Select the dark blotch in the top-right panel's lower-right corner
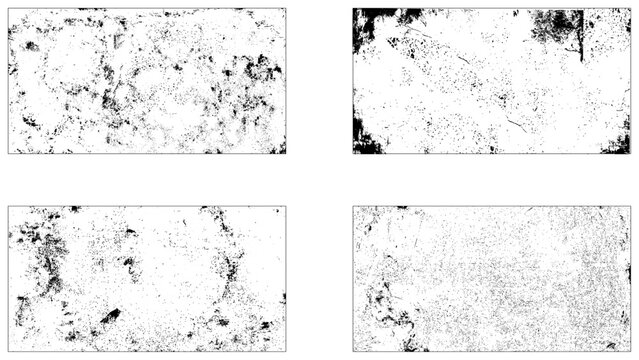point(616,143)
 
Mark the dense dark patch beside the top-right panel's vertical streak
point(556,25)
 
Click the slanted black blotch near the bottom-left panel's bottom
point(110,317)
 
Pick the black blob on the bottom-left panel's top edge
point(74,209)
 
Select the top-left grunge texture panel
point(147,80)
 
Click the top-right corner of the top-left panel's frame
point(286,8)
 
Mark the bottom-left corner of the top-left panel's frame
point(9,153)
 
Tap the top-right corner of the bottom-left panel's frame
point(285,207)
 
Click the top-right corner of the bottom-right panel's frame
point(631,207)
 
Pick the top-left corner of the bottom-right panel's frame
point(354,207)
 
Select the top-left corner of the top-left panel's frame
point(9,8)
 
